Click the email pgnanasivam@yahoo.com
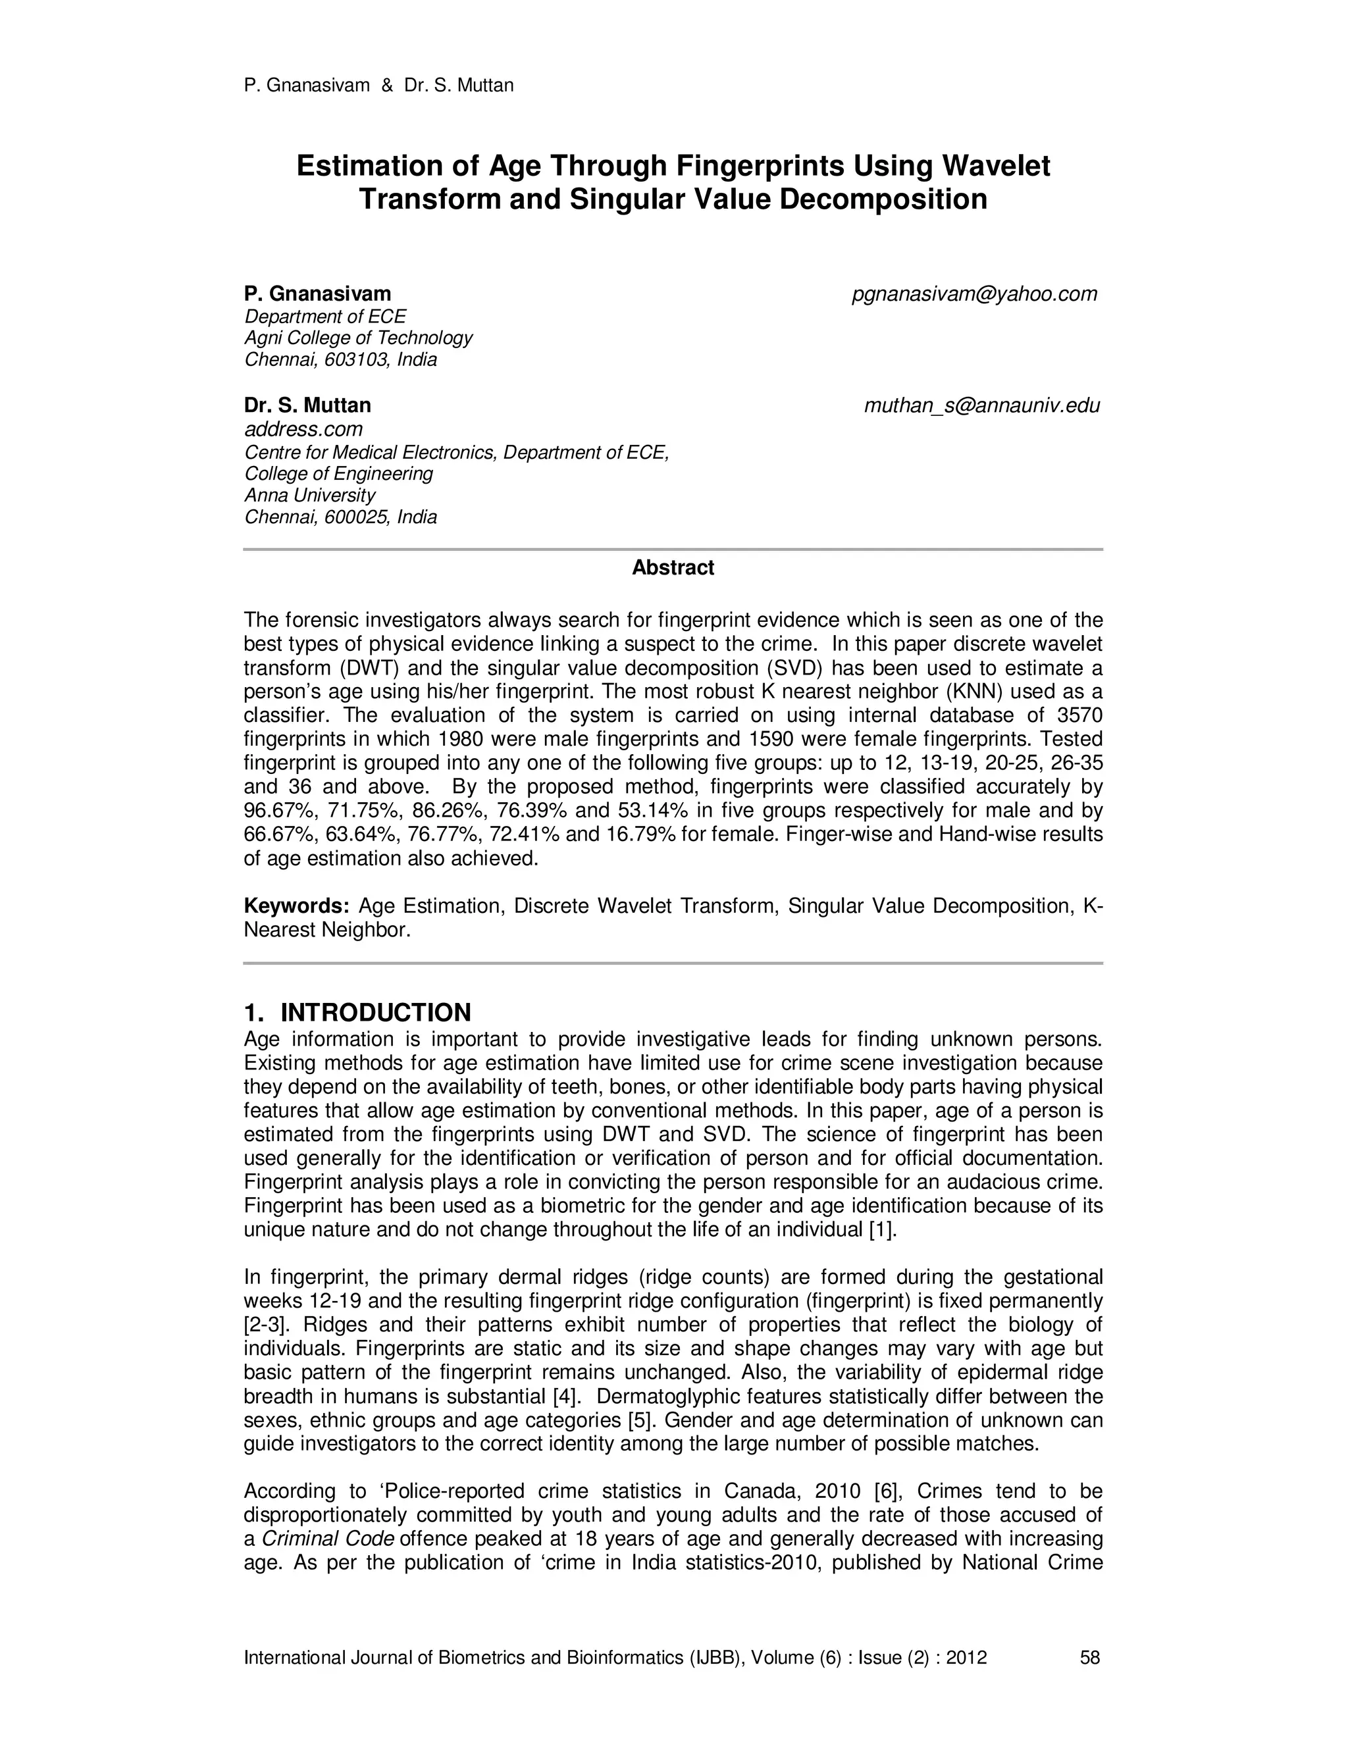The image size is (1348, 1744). pyautogui.click(x=974, y=295)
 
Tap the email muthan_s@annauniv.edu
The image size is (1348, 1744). pyautogui.click(x=981, y=405)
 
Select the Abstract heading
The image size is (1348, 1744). pyautogui.click(x=673, y=568)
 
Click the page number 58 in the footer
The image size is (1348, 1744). pyautogui.click(x=1089, y=1658)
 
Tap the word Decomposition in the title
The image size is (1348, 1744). pyautogui.click(x=883, y=199)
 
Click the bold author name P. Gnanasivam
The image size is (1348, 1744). pyautogui.click(x=317, y=294)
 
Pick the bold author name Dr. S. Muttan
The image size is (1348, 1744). pyautogui.click(x=307, y=405)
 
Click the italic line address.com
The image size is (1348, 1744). pyautogui.click(x=303, y=430)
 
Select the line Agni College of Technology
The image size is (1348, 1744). pyautogui.click(x=358, y=338)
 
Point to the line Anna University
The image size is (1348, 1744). pyautogui.click(x=309, y=495)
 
